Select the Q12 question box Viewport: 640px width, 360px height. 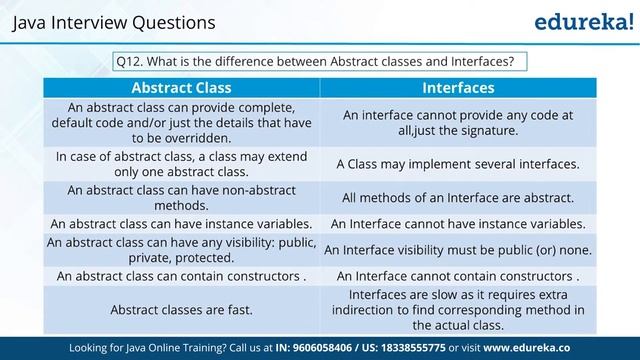point(320,61)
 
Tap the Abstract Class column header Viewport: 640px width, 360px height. point(181,87)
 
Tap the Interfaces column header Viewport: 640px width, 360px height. point(458,87)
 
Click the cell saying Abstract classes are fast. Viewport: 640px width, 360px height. point(181,310)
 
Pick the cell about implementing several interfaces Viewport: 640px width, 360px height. point(458,164)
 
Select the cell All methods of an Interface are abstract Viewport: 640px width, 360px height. point(458,197)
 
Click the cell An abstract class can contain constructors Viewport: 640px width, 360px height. point(181,275)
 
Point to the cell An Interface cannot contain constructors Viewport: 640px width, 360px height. point(458,275)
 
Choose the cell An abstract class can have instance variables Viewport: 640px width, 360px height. point(181,223)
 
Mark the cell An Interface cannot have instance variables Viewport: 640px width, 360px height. point(458,223)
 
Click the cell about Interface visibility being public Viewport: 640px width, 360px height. point(458,249)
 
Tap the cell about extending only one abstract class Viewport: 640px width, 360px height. point(181,164)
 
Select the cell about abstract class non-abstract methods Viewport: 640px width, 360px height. point(181,197)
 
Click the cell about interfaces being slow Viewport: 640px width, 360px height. point(458,310)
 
